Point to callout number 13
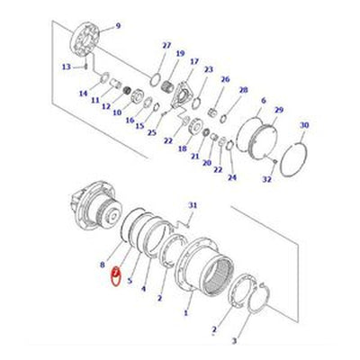66,67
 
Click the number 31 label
190,206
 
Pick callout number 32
266,179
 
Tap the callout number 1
186,312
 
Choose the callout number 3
235,340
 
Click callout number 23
208,69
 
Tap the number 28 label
243,90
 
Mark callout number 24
232,177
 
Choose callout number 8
103,266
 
